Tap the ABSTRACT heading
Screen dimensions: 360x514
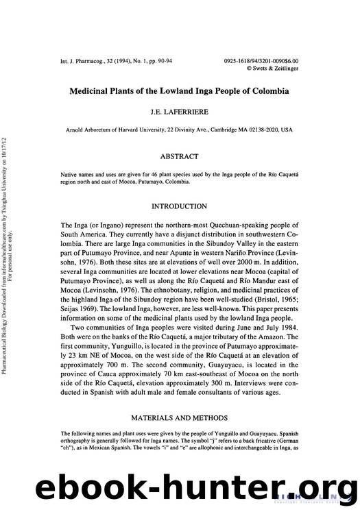tap(179, 157)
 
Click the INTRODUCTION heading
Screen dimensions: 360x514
tap(179, 206)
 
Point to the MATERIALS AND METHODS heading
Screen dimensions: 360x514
tap(179, 415)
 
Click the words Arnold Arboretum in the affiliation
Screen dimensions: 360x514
tap(92, 130)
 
